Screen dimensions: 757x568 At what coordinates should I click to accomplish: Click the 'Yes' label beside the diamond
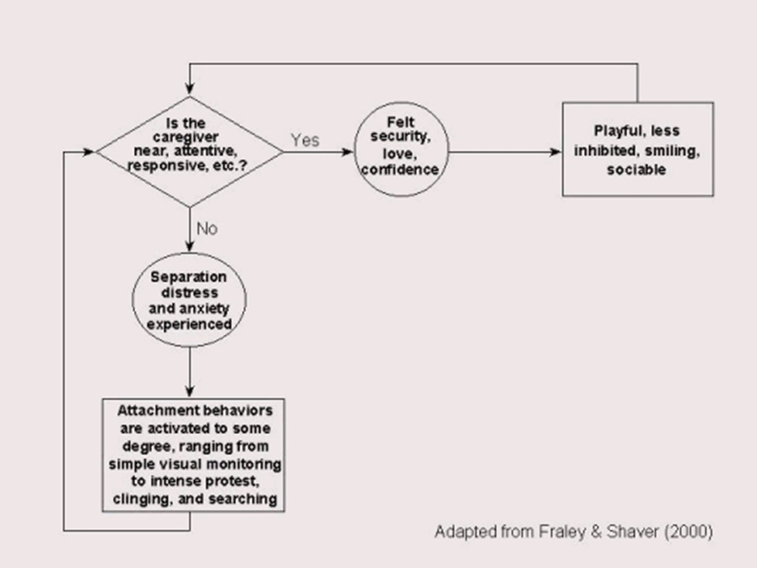click(x=305, y=140)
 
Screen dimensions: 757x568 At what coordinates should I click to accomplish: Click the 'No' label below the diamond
click(x=207, y=228)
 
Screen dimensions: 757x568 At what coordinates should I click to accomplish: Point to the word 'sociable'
click(x=636, y=169)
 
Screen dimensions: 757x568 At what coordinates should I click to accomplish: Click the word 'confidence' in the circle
click(x=401, y=169)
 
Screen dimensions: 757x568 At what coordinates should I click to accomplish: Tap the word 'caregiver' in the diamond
click(x=186, y=137)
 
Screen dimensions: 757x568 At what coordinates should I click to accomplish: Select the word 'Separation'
click(x=189, y=277)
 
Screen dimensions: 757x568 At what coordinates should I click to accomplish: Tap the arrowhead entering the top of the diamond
click(x=189, y=88)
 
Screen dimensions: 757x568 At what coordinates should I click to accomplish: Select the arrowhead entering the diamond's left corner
click(x=88, y=152)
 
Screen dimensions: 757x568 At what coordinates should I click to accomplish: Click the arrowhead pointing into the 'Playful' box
click(x=555, y=152)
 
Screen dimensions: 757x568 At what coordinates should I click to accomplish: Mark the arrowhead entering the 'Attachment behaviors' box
click(x=189, y=392)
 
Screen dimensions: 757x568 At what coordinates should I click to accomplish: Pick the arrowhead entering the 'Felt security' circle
click(x=347, y=152)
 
